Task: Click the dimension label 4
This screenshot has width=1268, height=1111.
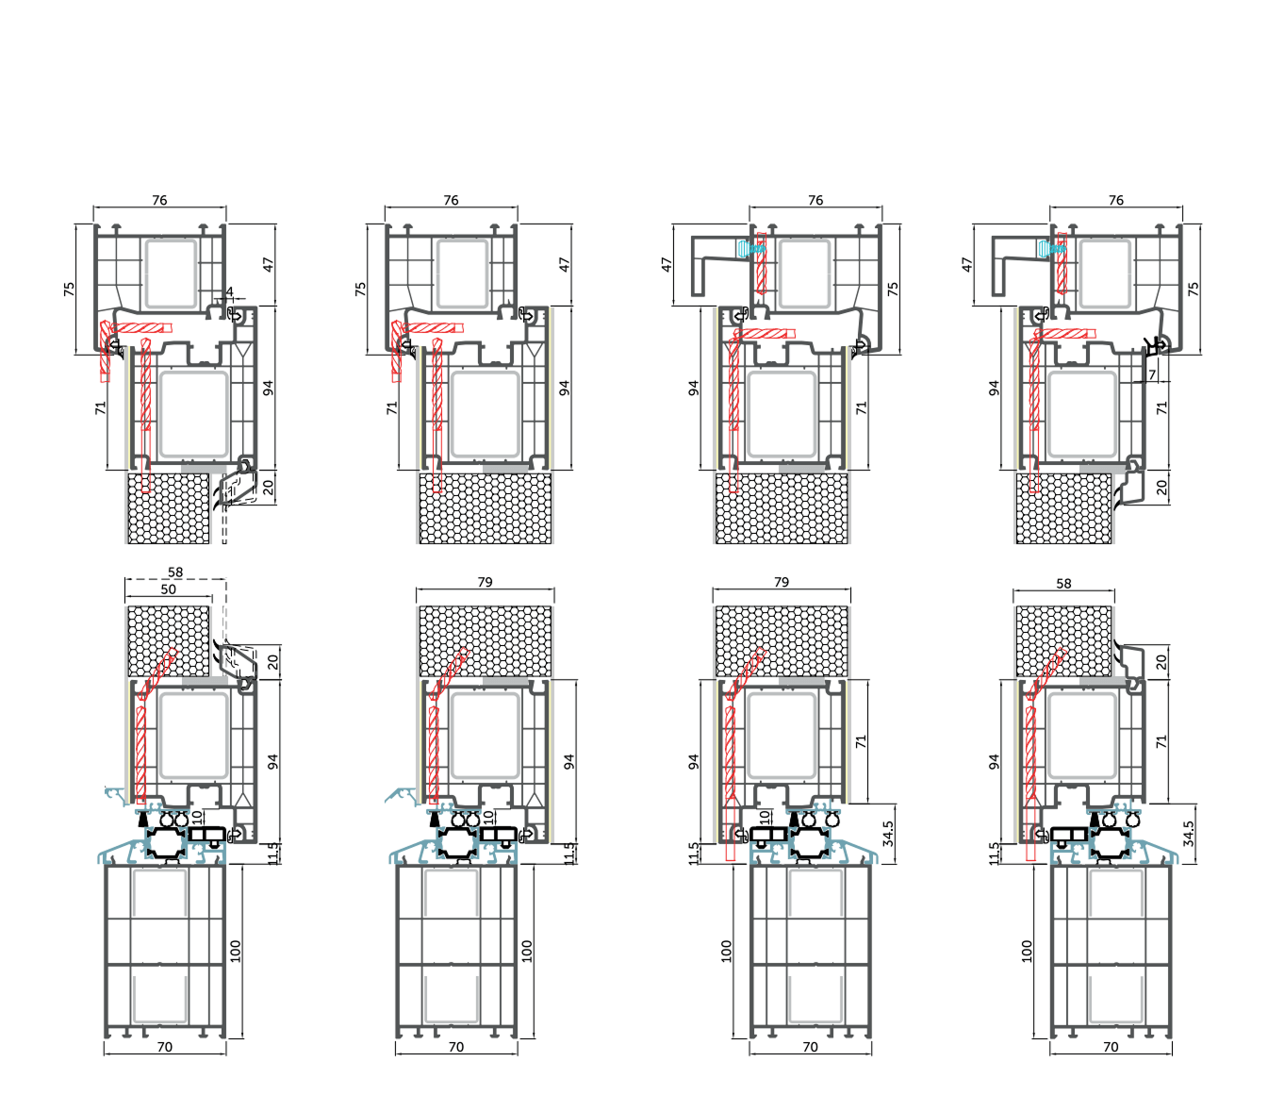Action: pos(229,292)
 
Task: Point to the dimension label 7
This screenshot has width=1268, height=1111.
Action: pos(1152,375)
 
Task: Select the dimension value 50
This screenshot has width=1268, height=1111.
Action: pos(168,589)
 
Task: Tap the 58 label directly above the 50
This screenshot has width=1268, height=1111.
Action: pos(175,572)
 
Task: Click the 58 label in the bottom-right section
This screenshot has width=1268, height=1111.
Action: pos(1063,584)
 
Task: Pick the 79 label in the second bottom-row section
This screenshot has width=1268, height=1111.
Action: pos(485,582)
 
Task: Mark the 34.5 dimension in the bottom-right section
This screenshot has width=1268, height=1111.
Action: pos(1188,833)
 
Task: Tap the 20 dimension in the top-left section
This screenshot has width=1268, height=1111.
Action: pos(268,488)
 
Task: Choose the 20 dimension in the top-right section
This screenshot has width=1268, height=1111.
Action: pos(1161,488)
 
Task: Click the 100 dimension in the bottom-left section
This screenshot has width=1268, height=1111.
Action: pos(236,951)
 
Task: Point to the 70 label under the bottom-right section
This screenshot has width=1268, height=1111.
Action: pos(1111,1047)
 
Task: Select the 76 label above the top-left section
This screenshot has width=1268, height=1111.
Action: pos(159,200)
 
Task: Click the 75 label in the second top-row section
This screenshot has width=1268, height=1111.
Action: pos(360,290)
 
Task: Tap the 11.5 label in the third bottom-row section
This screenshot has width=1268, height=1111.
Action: pos(694,854)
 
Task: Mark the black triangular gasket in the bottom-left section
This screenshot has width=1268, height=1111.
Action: pos(143,821)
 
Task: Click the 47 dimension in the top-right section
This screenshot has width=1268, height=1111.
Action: pos(966,265)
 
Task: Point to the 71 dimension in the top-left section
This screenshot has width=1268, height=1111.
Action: pos(100,407)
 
